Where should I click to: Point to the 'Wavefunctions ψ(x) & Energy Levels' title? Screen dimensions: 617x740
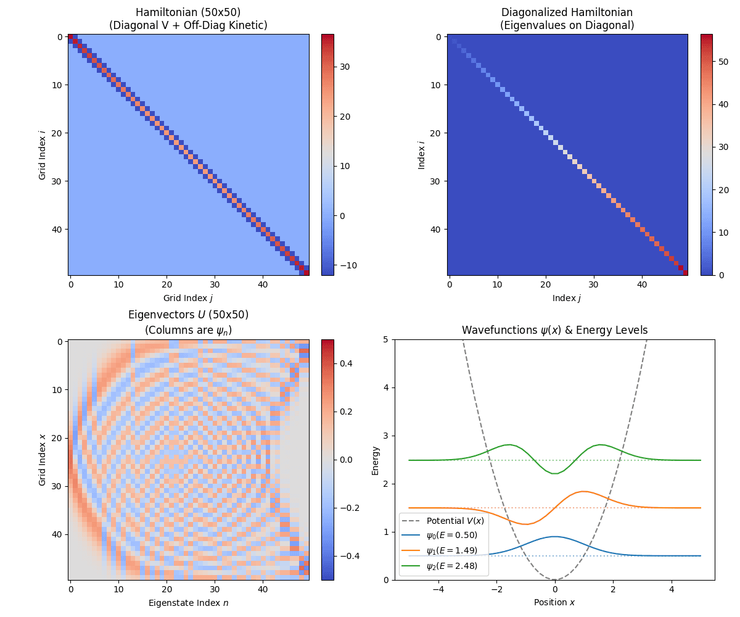pyautogui.click(x=554, y=330)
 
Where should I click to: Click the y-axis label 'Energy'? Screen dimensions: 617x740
pyautogui.click(x=376, y=460)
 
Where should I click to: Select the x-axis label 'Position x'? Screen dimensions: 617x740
pyautogui.click(x=554, y=602)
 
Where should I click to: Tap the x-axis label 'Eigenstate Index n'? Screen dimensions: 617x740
pyautogui.click(x=188, y=602)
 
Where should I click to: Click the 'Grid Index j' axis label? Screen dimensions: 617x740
pyautogui.click(x=188, y=297)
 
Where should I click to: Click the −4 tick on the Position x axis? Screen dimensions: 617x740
pyautogui.click(x=438, y=589)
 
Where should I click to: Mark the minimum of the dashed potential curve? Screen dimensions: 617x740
pyautogui.click(x=555, y=579)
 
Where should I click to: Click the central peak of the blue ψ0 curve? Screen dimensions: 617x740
pyautogui.click(x=555, y=537)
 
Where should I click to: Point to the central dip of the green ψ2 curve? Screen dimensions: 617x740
pyautogui.click(x=555, y=473)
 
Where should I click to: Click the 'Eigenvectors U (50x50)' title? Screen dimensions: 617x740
pyautogui.click(x=188, y=315)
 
